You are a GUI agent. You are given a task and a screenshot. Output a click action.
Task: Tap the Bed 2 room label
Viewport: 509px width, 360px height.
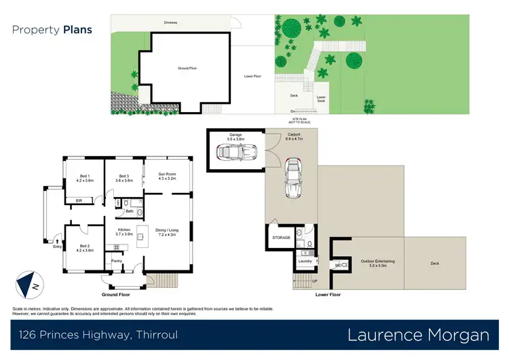click(x=84, y=247)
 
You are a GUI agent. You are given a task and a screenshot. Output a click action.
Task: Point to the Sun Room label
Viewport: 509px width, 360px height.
click(x=167, y=176)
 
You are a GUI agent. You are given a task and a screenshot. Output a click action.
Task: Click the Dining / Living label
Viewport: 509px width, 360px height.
click(x=167, y=232)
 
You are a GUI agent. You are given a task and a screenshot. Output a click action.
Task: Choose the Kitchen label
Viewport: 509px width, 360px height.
click(x=124, y=232)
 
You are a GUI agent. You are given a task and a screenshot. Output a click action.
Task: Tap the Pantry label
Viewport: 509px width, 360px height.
click(x=116, y=260)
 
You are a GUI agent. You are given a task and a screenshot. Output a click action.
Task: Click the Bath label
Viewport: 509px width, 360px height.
click(x=129, y=211)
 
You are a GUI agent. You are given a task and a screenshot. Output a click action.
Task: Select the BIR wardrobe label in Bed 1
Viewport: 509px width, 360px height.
click(x=79, y=200)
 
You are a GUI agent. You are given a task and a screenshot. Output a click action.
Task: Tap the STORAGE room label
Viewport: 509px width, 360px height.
click(x=282, y=238)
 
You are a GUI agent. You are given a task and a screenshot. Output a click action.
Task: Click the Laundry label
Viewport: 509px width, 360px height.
click(x=304, y=261)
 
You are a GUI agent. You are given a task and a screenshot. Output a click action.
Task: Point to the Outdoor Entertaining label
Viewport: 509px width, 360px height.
click(x=367, y=262)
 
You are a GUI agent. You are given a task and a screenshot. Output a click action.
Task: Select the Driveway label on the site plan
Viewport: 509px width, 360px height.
click(x=170, y=22)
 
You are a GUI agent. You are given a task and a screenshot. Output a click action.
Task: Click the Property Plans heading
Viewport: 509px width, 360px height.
click(x=52, y=29)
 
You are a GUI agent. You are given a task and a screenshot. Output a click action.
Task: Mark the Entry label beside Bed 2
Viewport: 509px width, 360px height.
click(x=57, y=247)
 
